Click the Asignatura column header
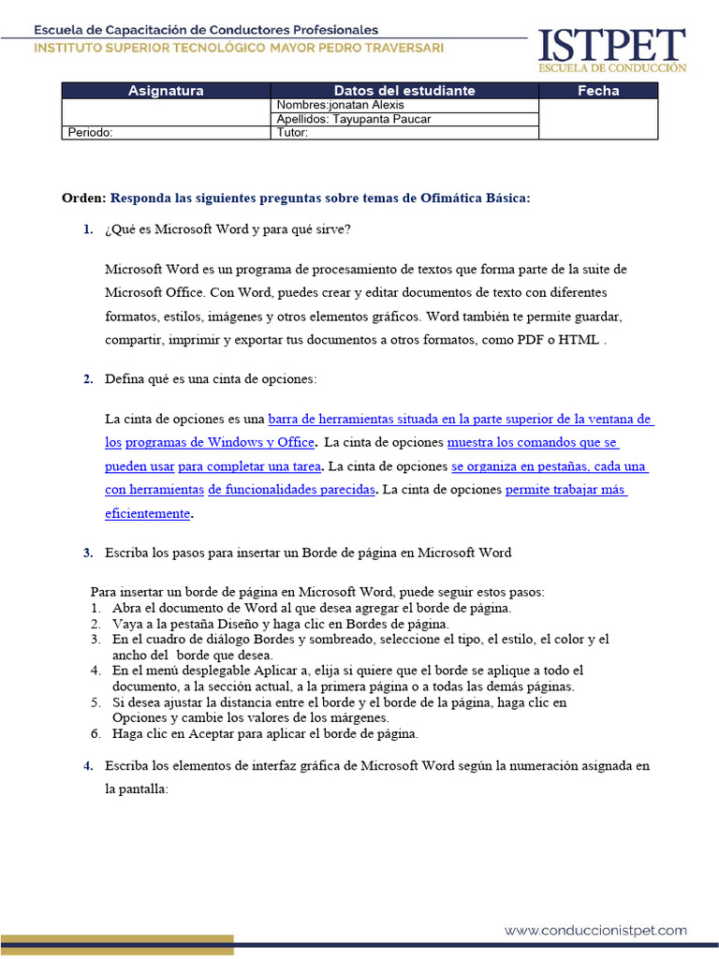coord(166,91)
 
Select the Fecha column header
coord(598,91)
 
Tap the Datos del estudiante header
coord(404,91)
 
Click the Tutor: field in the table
coord(404,133)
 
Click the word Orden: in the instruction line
coord(84,198)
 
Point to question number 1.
coord(88,229)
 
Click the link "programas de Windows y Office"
coord(220,442)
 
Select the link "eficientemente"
coord(148,513)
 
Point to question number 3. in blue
coord(88,553)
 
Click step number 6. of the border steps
coord(95,733)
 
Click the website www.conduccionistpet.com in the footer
coord(595,931)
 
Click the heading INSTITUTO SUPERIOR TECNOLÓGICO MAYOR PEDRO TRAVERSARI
coord(240,48)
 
